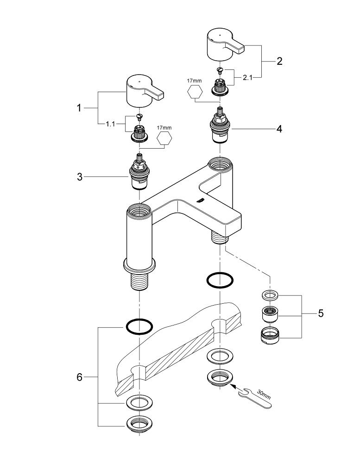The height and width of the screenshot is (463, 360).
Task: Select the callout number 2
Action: pyautogui.click(x=279, y=61)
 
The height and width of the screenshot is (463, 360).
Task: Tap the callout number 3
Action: pyautogui.click(x=80, y=176)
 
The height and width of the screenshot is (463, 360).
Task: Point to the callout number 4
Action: pyautogui.click(x=279, y=129)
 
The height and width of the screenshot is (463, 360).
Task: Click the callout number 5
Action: pyautogui.click(x=321, y=313)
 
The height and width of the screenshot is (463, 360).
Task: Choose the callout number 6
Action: pyautogui.click(x=79, y=377)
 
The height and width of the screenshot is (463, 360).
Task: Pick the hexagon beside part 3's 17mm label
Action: pyautogui.click(x=165, y=139)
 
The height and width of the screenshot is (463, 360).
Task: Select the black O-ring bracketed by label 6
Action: pyautogui.click(x=139, y=327)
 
